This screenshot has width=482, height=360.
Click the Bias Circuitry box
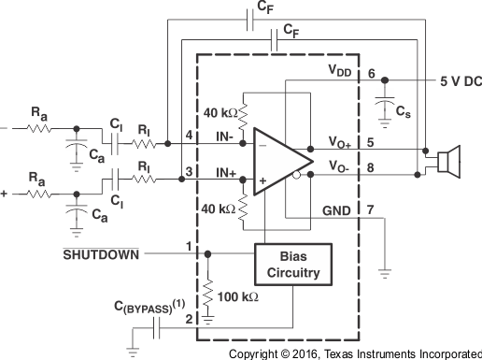click(293, 266)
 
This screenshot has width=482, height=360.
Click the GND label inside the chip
click(337, 212)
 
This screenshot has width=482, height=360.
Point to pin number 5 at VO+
click(371, 142)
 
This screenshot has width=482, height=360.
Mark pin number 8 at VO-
click(371, 170)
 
